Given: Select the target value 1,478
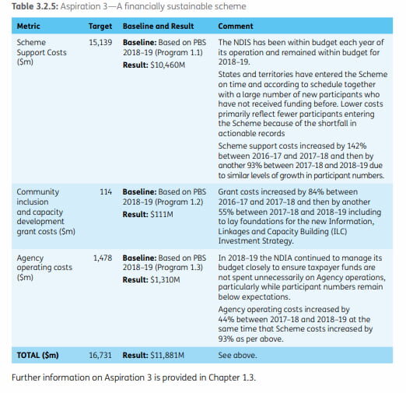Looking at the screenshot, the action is click(x=102, y=257).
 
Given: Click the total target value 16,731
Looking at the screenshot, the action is click(x=100, y=355).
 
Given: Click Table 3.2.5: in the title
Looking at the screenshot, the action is click(x=33, y=7).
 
